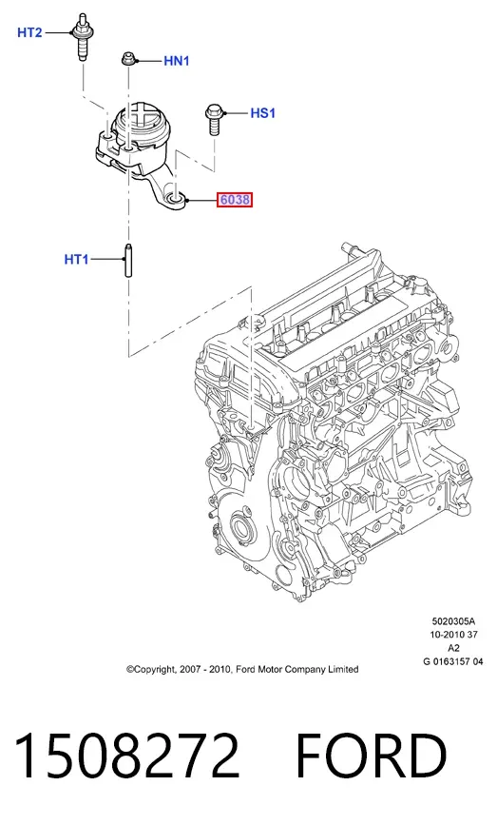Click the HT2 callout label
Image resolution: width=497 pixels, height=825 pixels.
pos(29,32)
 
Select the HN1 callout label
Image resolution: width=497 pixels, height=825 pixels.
pos(177,61)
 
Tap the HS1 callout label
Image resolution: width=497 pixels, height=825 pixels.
pos(262,113)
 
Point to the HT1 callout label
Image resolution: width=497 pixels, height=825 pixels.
pos(77,260)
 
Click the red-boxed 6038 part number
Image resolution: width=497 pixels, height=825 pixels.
pos(235,200)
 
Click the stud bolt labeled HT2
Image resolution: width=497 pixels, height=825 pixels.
pos(82,37)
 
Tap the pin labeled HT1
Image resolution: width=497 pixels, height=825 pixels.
pos(128,259)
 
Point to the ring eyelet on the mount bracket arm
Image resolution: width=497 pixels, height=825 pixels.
pos(175,199)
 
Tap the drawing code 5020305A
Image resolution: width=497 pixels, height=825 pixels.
pos(453,621)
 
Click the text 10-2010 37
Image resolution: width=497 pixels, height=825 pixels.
pos(454,635)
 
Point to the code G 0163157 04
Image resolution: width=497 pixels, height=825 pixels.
pos(453,661)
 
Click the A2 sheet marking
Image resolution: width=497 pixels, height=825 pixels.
pos(454,648)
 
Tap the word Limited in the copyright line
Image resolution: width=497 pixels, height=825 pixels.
pos(344,669)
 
